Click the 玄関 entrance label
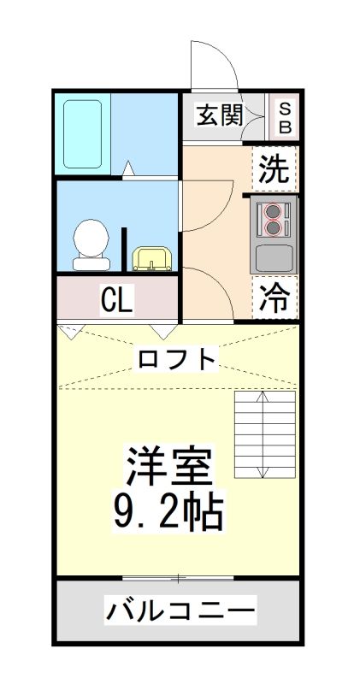(x=219, y=115)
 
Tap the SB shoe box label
(x=285, y=117)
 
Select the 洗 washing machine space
(x=274, y=168)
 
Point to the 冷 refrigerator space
(x=274, y=298)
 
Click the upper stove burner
(x=273, y=211)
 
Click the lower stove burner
(x=273, y=227)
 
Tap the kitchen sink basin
(x=274, y=258)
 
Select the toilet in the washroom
(x=91, y=245)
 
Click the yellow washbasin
(x=152, y=259)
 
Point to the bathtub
(x=82, y=134)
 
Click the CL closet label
(x=116, y=300)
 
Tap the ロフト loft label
(x=177, y=359)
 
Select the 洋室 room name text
(x=170, y=466)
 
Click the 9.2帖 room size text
(x=168, y=510)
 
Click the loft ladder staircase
(x=264, y=434)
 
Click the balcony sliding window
(x=178, y=579)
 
